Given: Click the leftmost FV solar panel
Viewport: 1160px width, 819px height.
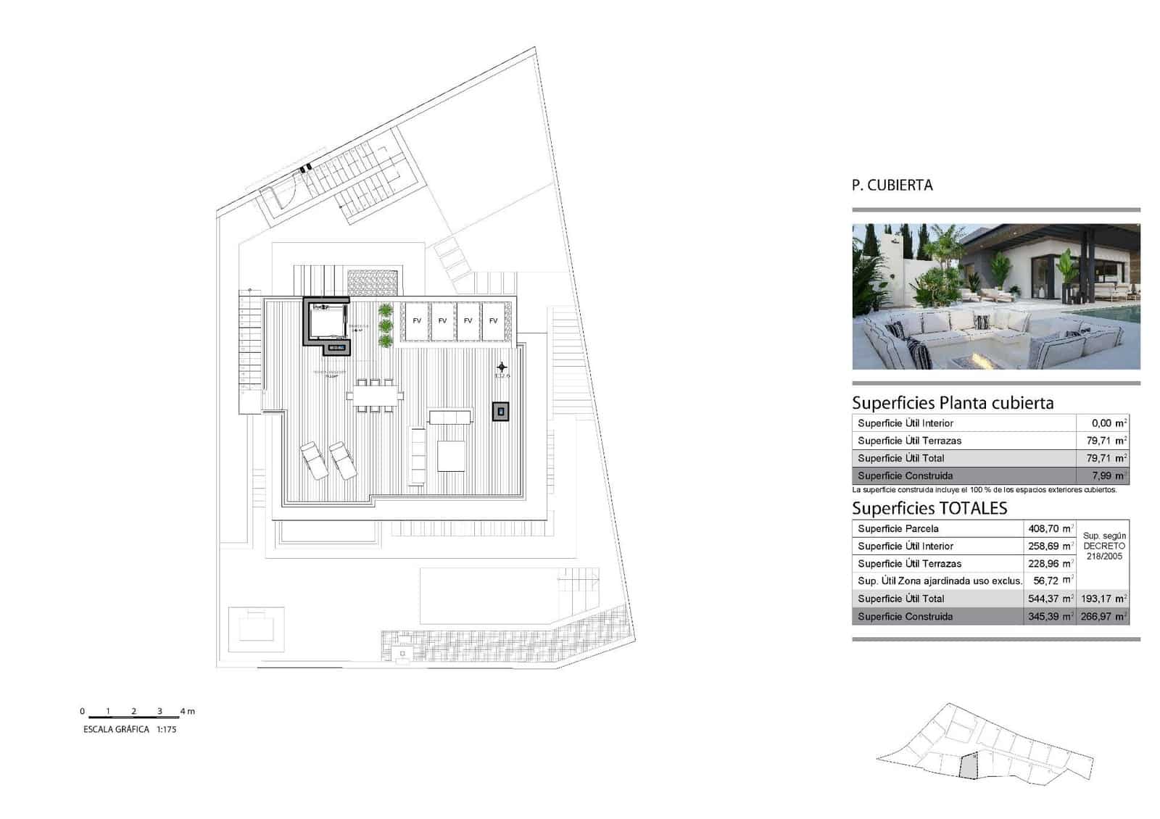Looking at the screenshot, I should point(417,320).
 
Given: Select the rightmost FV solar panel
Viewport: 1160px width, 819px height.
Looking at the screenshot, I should point(494,320).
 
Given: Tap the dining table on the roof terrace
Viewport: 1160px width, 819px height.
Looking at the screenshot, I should point(375,396).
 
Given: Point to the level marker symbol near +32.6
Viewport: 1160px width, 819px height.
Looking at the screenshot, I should point(502,367).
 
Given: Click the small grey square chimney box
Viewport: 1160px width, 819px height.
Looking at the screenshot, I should point(500,412).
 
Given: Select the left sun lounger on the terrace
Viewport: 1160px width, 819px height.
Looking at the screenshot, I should point(315,460).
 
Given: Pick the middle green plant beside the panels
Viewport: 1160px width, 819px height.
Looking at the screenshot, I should point(386,325).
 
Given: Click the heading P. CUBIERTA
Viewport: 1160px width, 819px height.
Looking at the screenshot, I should point(892,186).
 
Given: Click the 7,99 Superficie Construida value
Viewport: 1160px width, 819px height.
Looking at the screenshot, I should point(1109,476).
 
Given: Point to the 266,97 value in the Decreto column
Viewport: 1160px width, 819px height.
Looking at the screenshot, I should point(1104,617).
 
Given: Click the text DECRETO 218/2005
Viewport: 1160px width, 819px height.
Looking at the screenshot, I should point(1104,551).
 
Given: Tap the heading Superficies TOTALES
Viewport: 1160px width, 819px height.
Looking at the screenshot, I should point(929,509).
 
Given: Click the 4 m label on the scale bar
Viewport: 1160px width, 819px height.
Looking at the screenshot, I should point(188,712).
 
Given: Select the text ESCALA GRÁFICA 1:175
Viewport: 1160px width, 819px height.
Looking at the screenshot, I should point(130,730).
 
